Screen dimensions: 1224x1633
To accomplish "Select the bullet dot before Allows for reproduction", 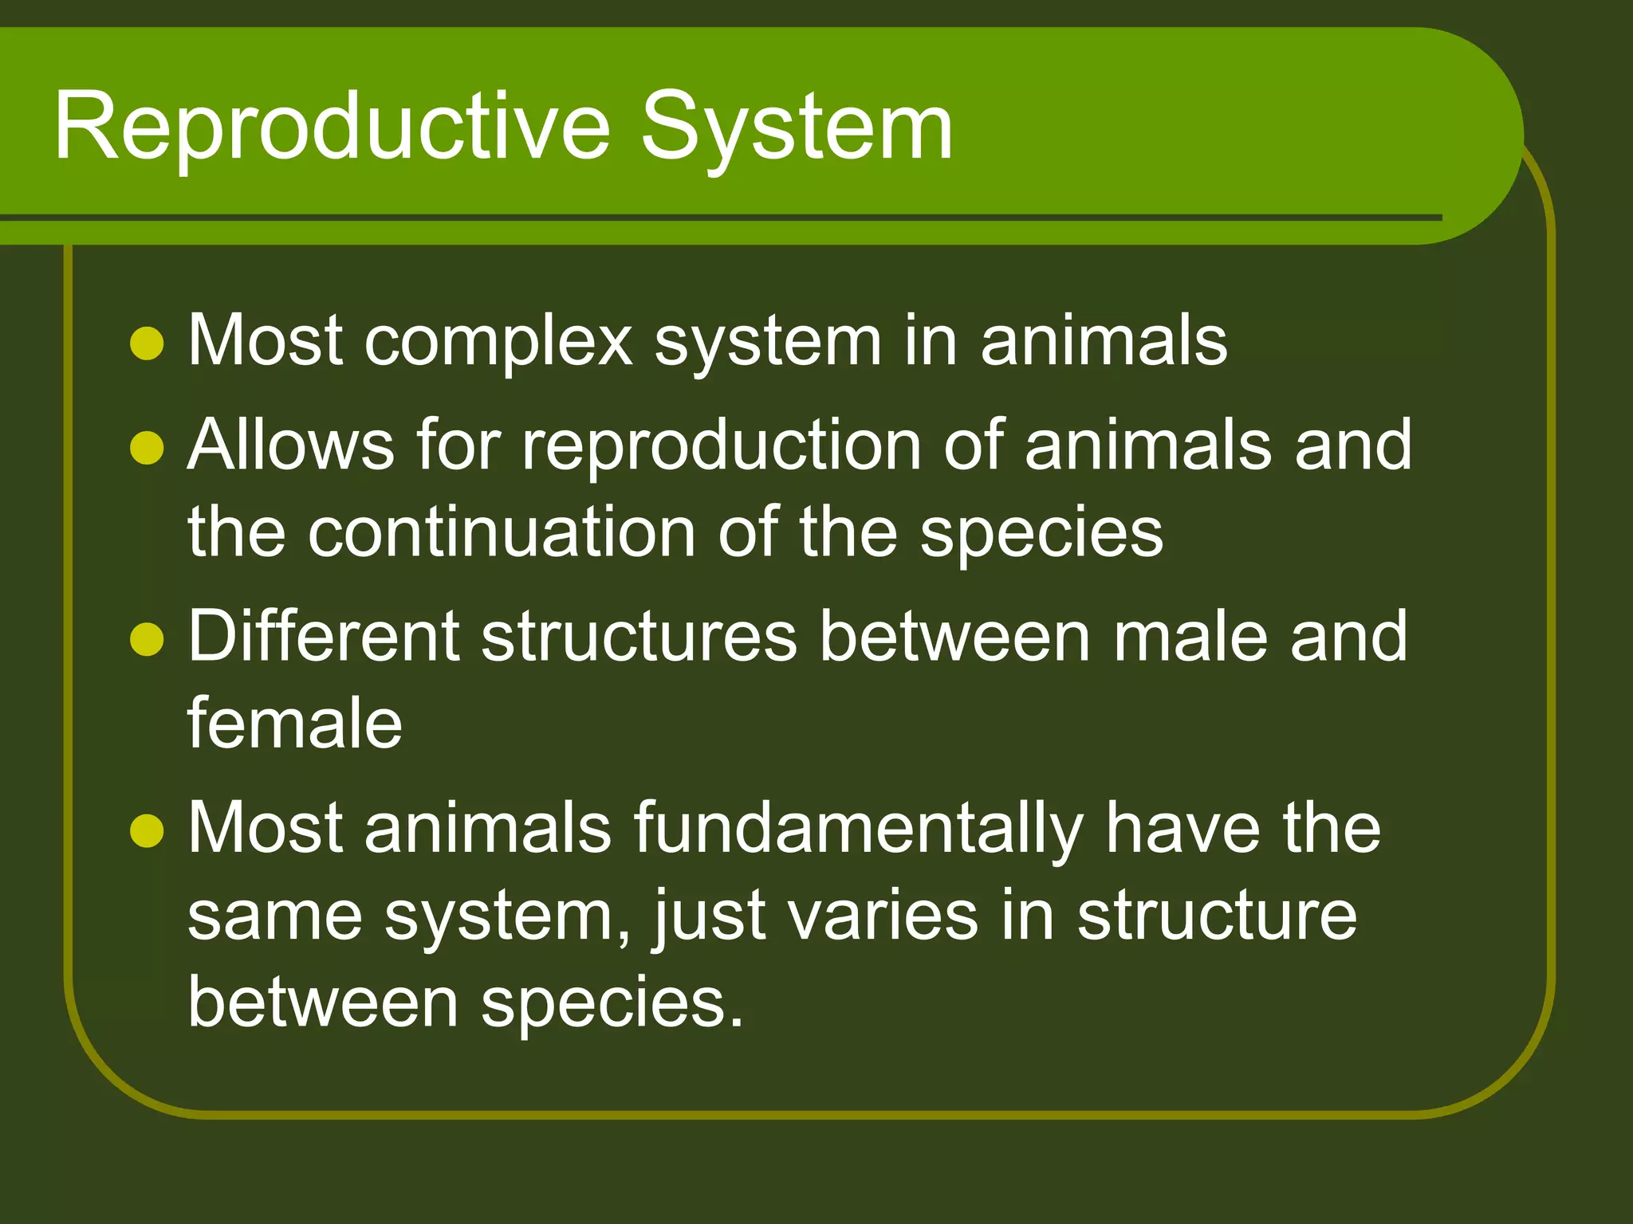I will [x=147, y=447].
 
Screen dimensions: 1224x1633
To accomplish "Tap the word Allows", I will [x=290, y=445].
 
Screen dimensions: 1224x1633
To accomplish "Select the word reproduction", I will [x=721, y=445].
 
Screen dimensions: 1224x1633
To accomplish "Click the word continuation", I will [x=502, y=532].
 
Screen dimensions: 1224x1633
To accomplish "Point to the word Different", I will [x=322, y=636].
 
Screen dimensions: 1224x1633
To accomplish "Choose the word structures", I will [x=639, y=636].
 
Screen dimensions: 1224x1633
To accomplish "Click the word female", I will [x=294, y=724].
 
